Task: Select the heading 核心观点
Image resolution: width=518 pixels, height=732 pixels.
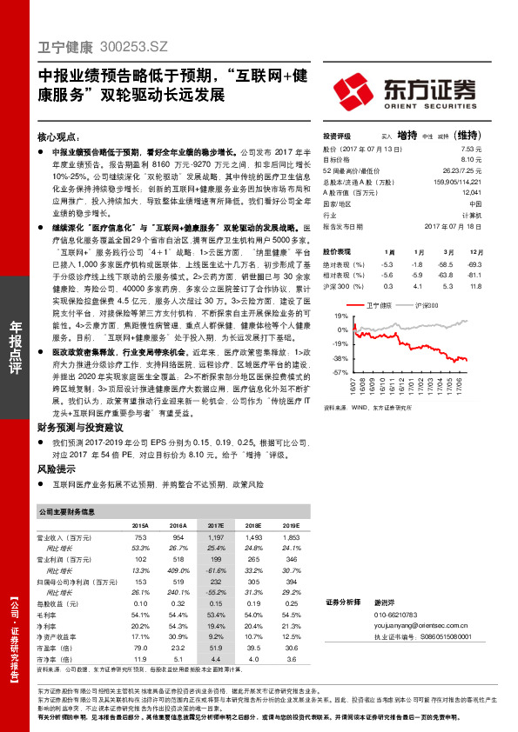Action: point(59,137)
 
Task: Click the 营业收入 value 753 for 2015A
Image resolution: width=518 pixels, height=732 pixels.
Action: point(142,538)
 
